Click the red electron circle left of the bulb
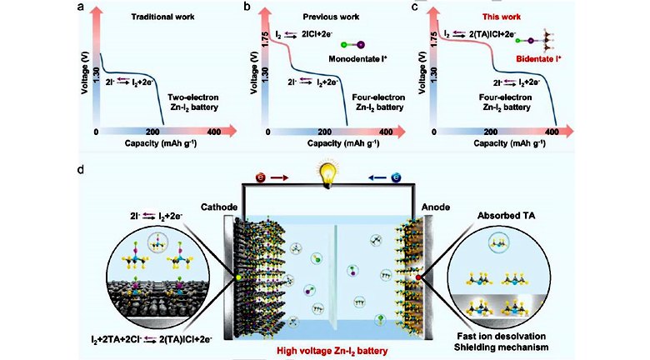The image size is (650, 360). click(x=259, y=177)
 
